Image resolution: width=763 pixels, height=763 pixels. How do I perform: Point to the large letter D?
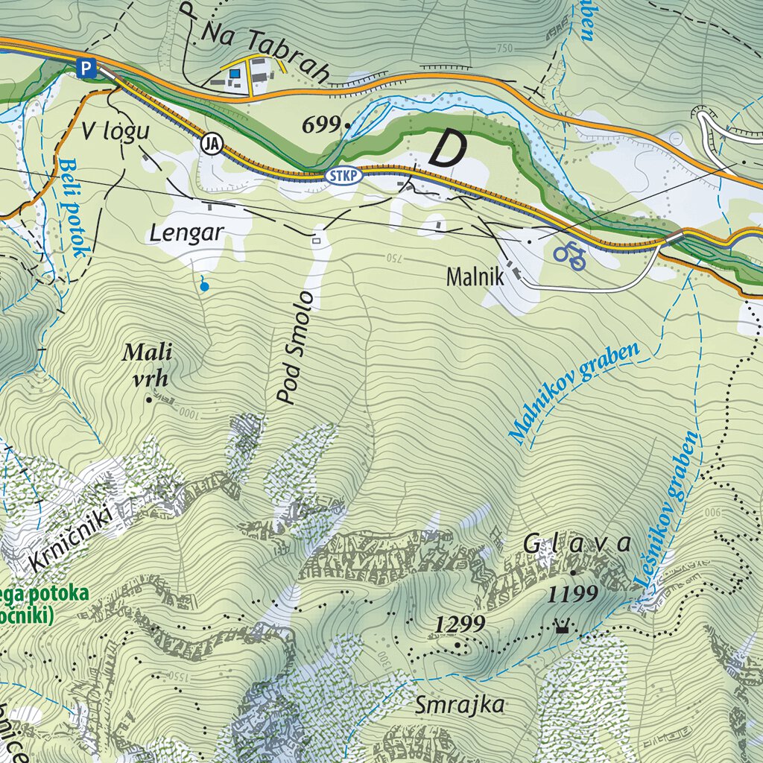point(445,149)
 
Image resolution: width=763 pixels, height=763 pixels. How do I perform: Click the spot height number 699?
point(321,125)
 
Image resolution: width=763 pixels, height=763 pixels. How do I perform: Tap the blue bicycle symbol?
point(569,255)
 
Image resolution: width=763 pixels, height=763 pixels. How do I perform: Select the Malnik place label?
point(475,277)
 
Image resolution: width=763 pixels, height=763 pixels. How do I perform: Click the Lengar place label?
point(186,232)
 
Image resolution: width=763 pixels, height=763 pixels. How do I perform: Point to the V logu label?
point(115,132)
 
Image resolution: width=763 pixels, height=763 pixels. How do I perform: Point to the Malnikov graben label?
point(574,393)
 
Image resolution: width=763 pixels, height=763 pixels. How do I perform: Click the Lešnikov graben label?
point(668,509)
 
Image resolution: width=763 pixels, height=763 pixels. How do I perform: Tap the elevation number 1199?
point(573,593)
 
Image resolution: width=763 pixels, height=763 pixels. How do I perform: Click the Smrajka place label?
point(460,704)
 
